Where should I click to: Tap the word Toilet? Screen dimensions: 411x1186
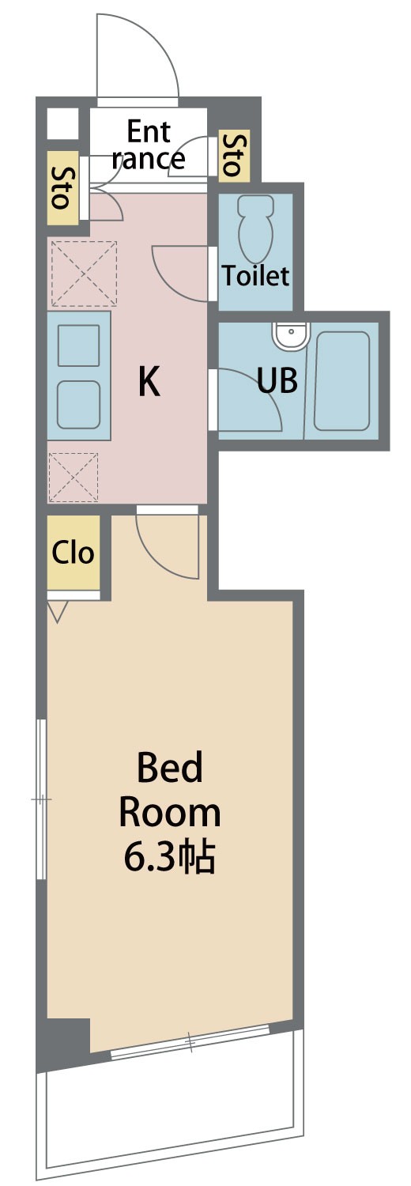point(255,276)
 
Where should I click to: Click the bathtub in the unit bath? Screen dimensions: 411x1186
point(341,381)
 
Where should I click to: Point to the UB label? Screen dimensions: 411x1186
point(277,380)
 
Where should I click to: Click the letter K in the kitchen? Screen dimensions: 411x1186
point(149,382)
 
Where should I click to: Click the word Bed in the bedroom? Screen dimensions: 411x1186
point(170,767)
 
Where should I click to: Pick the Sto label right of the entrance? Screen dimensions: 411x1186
point(234,155)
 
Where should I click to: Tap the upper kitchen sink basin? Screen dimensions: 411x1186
point(79,346)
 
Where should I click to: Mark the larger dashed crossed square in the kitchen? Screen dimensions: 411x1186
point(84,274)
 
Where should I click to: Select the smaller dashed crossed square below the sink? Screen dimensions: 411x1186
point(74,477)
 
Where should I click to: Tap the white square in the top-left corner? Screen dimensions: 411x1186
point(62,124)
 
